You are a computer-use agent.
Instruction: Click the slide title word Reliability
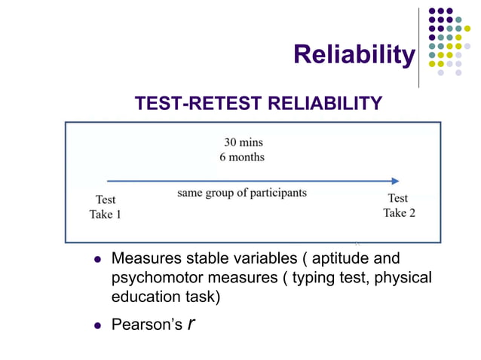[354, 54]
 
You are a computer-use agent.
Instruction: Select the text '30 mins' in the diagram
[243, 142]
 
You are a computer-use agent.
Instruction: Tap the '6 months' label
[242, 157]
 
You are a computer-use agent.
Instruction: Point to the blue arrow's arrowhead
[395, 181]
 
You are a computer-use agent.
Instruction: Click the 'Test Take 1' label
[106, 207]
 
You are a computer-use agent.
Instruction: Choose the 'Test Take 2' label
[399, 205]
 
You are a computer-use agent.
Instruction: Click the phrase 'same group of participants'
[242, 193]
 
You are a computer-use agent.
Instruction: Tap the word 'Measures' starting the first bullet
[145, 260]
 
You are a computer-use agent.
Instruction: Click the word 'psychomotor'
[154, 278]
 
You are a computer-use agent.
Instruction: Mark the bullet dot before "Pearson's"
[97, 325]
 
